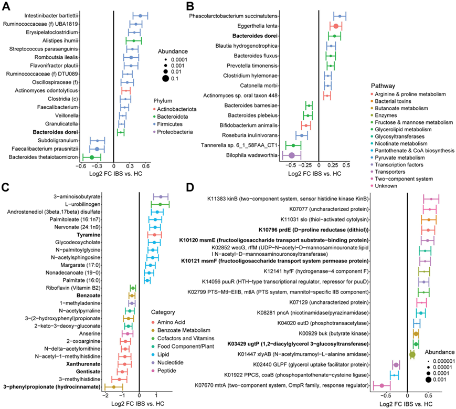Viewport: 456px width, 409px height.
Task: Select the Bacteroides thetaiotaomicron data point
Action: tap(92, 157)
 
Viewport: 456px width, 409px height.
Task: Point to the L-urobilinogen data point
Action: tap(161, 204)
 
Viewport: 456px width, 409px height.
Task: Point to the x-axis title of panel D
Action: tap(408, 404)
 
